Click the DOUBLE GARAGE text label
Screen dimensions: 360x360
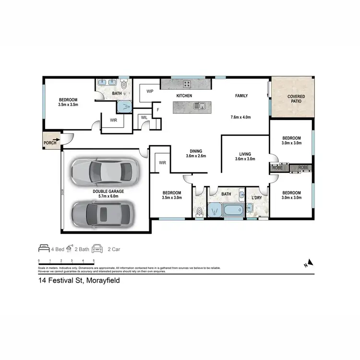point(108,191)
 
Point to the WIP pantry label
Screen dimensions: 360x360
point(149,91)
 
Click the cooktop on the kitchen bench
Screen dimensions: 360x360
point(186,84)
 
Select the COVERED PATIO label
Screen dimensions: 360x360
point(296,99)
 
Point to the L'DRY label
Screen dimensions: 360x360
point(256,197)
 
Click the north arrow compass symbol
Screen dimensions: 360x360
point(310,263)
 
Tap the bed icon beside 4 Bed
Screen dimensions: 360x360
point(44,249)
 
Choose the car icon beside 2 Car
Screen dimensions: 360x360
point(97,249)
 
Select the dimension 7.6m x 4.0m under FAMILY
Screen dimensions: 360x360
point(241,117)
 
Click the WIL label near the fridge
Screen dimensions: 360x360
point(144,117)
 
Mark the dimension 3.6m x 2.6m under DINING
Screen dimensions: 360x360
point(196,156)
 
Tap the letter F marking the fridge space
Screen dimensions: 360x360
point(157,110)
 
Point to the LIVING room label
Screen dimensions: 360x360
point(243,154)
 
